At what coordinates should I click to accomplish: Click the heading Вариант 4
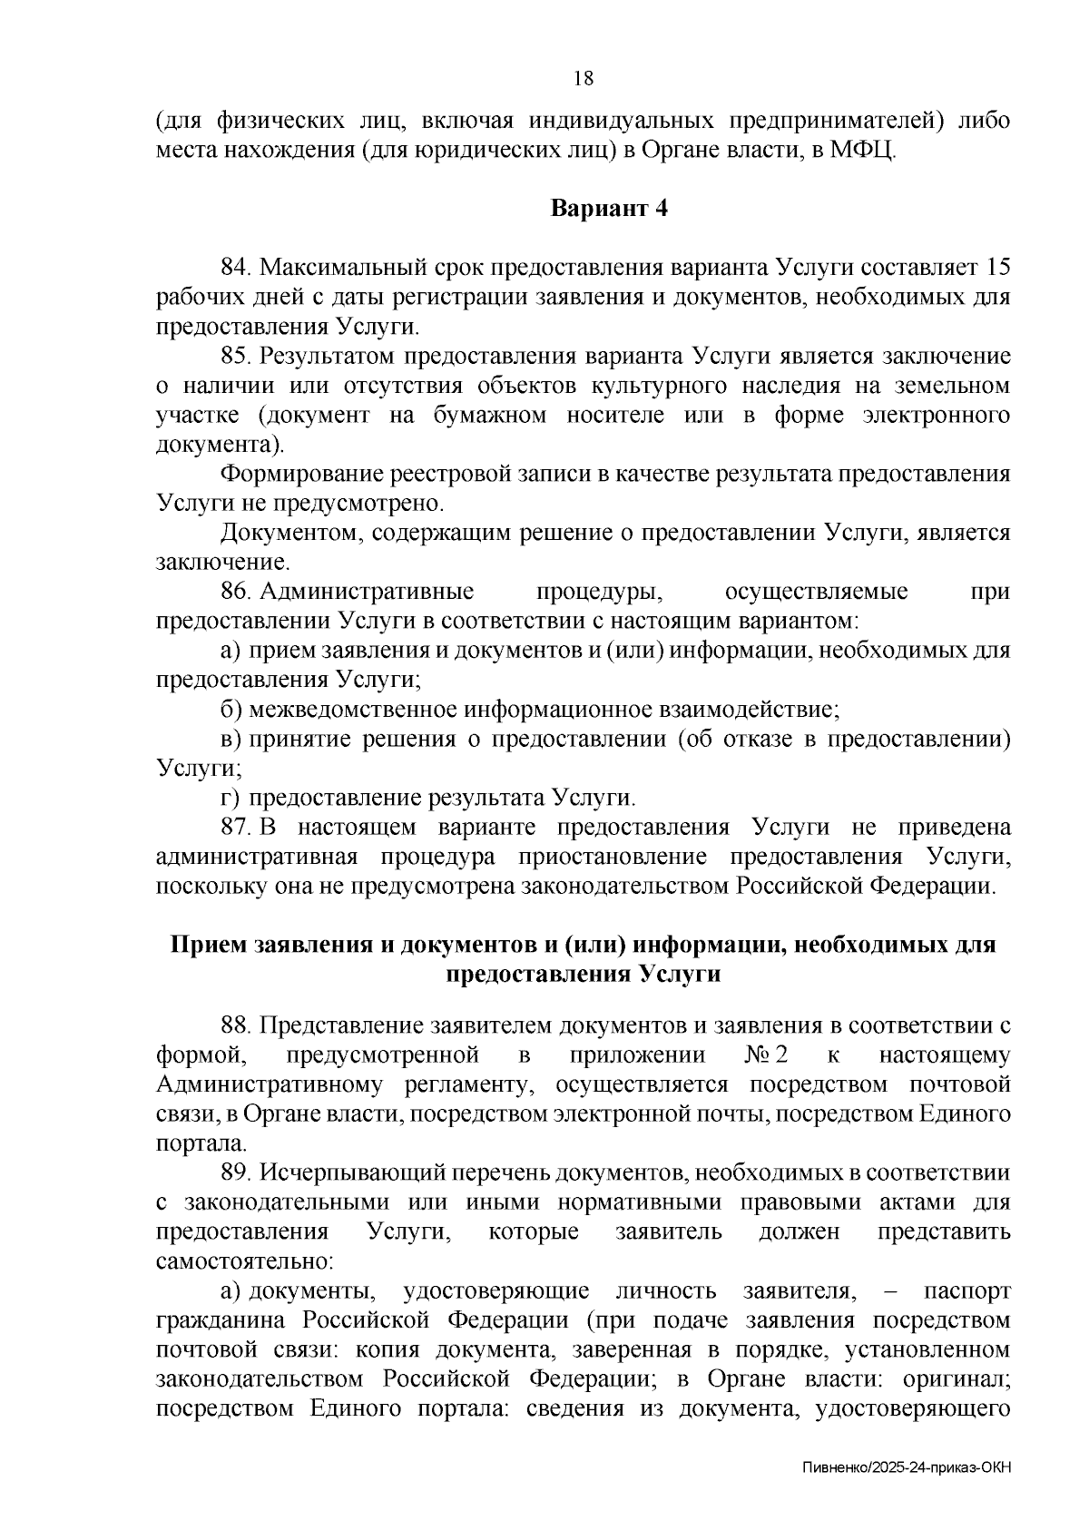coord(610,208)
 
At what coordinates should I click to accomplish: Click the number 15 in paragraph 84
coord(996,268)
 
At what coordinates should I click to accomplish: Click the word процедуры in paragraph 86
coord(600,592)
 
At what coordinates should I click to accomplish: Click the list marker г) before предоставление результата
coord(230,798)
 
